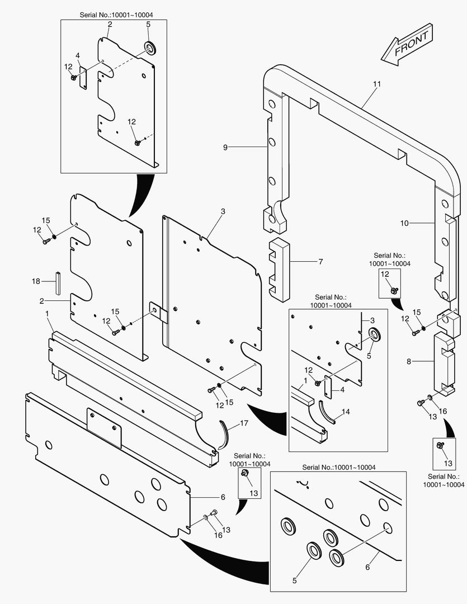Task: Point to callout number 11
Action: coord(376,84)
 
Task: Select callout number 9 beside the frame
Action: coord(225,147)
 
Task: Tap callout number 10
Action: coord(404,223)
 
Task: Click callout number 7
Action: coord(320,261)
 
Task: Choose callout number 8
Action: coord(408,362)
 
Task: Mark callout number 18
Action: coord(36,281)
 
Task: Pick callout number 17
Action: coord(244,423)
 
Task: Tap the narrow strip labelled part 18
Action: coord(57,282)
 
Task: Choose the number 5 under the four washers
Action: coord(295,580)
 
